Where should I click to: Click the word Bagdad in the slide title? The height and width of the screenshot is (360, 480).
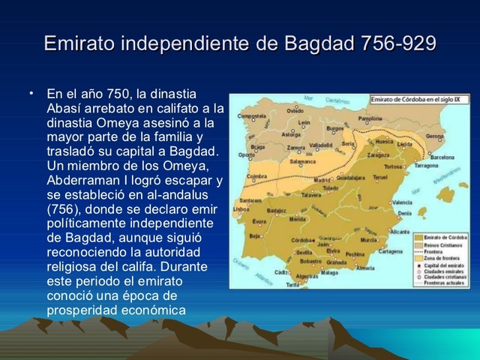click(322, 43)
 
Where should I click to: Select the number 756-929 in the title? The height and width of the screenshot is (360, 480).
click(397, 43)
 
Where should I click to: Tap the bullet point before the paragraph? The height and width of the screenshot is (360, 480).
click(32, 93)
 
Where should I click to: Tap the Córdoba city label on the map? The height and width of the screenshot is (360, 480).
click(301, 240)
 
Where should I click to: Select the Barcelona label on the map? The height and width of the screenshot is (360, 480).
click(443, 157)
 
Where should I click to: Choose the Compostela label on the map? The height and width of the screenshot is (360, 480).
click(251, 116)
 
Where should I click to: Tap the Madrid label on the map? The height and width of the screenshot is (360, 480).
click(322, 180)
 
